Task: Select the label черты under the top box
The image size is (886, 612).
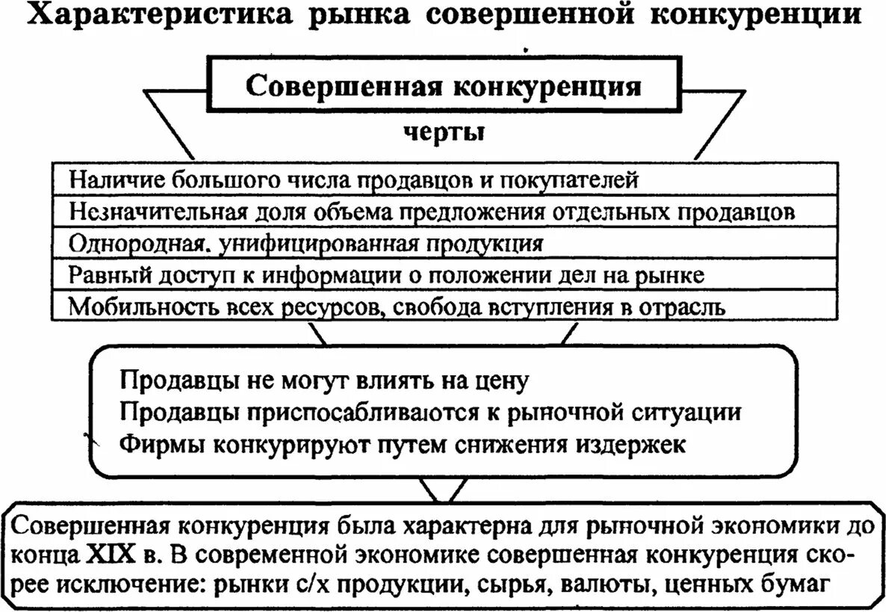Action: click(x=444, y=132)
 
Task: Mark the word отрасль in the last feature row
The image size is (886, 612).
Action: click(x=680, y=306)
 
